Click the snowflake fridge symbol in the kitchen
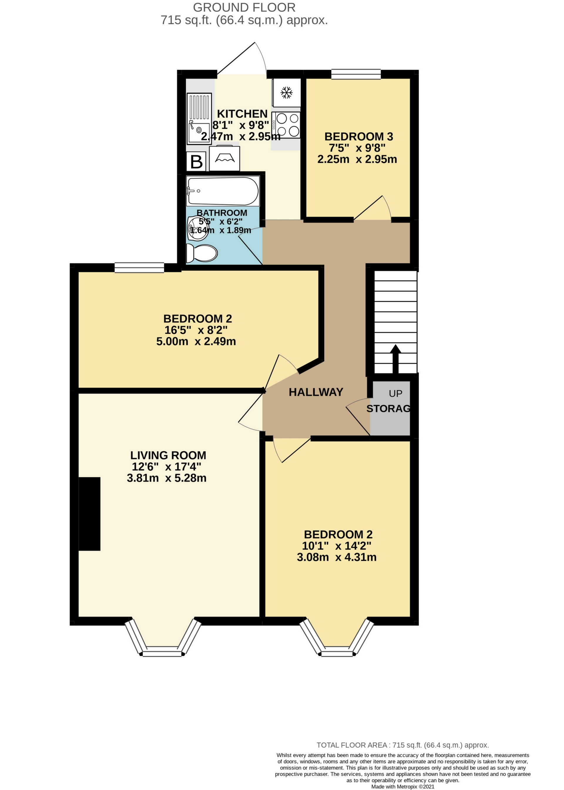[286, 93]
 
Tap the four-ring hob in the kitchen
[286, 125]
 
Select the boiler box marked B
[197, 162]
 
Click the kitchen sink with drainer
[199, 118]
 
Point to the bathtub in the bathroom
[223, 191]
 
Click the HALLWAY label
[316, 392]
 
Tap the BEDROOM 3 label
[358, 137]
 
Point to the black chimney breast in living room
[90, 514]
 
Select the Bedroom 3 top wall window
[356, 74]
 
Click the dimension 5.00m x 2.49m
[196, 341]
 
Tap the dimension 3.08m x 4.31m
[337, 557]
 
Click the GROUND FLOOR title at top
[244, 7]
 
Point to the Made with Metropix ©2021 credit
[402, 786]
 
